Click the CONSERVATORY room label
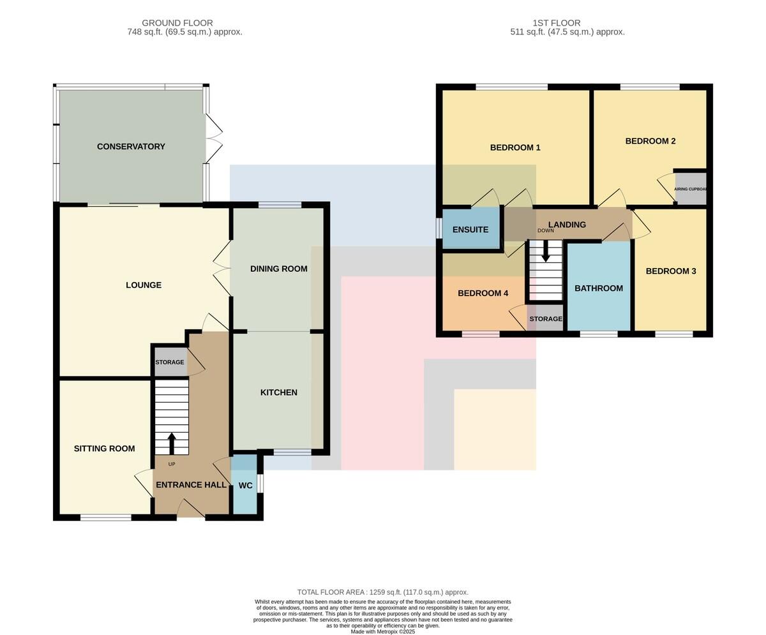131,147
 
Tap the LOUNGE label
144,285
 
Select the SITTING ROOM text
104,448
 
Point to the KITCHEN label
279,392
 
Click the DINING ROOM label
279,269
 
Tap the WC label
245,486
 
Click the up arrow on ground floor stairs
171,444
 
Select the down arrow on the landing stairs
546,251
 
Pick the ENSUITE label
470,230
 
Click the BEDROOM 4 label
483,294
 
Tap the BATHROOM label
599,288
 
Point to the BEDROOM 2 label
650,141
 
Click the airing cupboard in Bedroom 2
691,189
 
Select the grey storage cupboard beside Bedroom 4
546,318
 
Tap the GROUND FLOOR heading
177,23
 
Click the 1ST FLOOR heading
557,23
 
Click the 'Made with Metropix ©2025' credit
382,632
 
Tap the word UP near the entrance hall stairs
172,464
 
